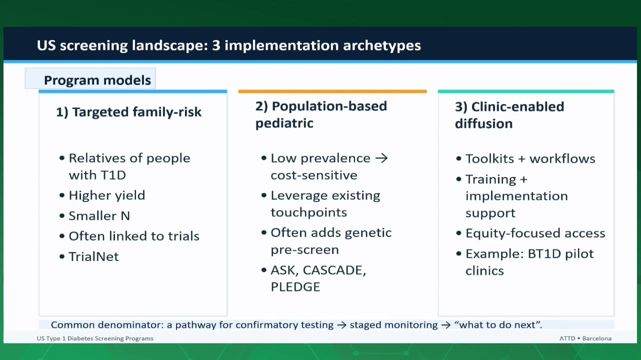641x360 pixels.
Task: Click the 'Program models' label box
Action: [x=90, y=78]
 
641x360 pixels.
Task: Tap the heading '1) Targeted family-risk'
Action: [x=129, y=112]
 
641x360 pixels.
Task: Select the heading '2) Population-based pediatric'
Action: [x=321, y=114]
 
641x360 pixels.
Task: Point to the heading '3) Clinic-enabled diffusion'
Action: [x=509, y=115]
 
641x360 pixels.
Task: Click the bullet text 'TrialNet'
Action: [x=93, y=256]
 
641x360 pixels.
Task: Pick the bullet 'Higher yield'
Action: [x=106, y=195]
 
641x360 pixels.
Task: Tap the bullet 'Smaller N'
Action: [x=99, y=216]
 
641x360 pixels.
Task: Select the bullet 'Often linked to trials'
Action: [x=134, y=236]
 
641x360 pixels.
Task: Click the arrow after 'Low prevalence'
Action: [x=381, y=158]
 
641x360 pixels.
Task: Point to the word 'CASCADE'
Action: [x=334, y=270]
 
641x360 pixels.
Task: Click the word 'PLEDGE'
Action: [x=295, y=286]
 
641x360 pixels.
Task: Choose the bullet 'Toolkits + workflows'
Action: [x=530, y=158]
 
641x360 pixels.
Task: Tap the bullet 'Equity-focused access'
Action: [x=535, y=233]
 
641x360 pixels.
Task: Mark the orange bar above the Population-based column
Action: [x=332, y=91]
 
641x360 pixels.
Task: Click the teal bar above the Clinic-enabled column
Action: [x=526, y=91]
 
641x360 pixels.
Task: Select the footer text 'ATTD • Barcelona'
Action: [x=585, y=338]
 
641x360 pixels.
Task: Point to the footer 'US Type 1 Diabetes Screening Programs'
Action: [x=95, y=338]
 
